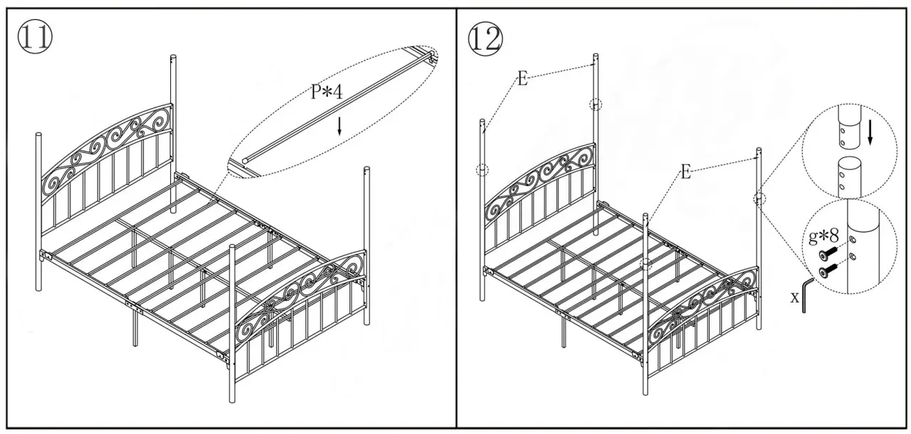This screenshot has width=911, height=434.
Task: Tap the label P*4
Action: click(x=327, y=93)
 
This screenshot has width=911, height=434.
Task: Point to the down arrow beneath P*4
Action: click(x=339, y=126)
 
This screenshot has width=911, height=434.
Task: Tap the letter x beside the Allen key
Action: click(x=794, y=297)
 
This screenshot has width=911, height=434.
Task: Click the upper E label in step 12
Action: click(x=522, y=78)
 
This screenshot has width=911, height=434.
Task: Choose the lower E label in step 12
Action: click(x=685, y=171)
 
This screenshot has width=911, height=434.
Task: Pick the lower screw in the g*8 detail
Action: click(x=828, y=271)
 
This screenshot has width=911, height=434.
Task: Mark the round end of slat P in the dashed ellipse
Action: click(x=246, y=162)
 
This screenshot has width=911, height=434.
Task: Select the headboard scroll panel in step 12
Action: click(x=541, y=181)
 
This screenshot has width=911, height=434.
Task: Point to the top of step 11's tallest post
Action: click(x=172, y=57)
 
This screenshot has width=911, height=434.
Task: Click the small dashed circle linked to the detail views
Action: click(x=759, y=199)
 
